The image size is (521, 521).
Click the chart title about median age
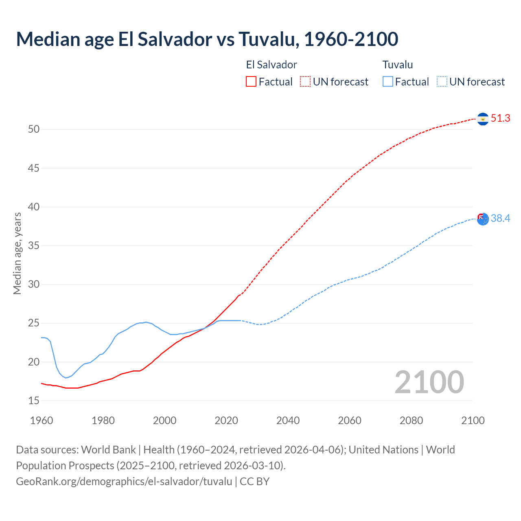(x=207, y=39)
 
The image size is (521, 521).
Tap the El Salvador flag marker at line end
(x=483, y=119)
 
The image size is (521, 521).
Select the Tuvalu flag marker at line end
(x=483, y=219)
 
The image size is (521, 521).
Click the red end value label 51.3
(x=500, y=118)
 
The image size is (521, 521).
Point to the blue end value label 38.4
(x=500, y=219)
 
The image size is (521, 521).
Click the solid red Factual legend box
(x=251, y=82)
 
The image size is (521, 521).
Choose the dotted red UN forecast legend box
(x=305, y=82)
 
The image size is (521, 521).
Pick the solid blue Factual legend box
(x=388, y=82)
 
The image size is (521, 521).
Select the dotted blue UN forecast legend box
(x=442, y=82)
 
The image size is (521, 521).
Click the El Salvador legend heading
(x=271, y=65)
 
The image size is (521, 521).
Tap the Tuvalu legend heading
(x=398, y=65)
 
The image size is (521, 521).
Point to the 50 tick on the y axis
(x=34, y=129)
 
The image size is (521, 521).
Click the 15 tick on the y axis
(x=34, y=401)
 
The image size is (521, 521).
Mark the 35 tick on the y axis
(x=34, y=246)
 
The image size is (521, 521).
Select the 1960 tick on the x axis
(x=42, y=420)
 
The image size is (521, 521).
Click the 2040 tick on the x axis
(x=288, y=420)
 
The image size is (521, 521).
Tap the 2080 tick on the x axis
(x=411, y=420)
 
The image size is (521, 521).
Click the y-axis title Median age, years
(x=17, y=253)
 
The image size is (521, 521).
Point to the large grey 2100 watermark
(x=429, y=382)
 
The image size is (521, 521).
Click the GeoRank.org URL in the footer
(x=124, y=482)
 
